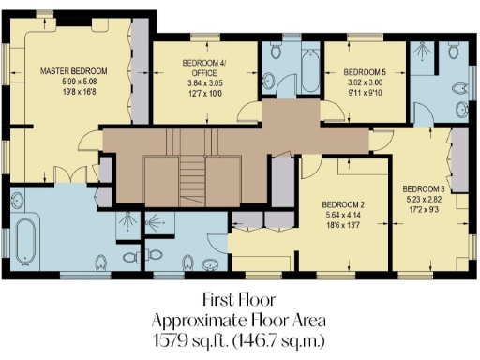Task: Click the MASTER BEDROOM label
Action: click(x=73, y=71)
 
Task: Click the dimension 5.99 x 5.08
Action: click(x=73, y=82)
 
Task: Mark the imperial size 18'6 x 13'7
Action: click(x=343, y=226)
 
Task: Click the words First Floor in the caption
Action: click(x=240, y=300)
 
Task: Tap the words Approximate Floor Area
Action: click(x=240, y=318)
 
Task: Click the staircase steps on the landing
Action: click(x=191, y=178)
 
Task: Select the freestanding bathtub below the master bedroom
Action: click(x=24, y=242)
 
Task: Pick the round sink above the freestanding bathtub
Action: click(x=18, y=199)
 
